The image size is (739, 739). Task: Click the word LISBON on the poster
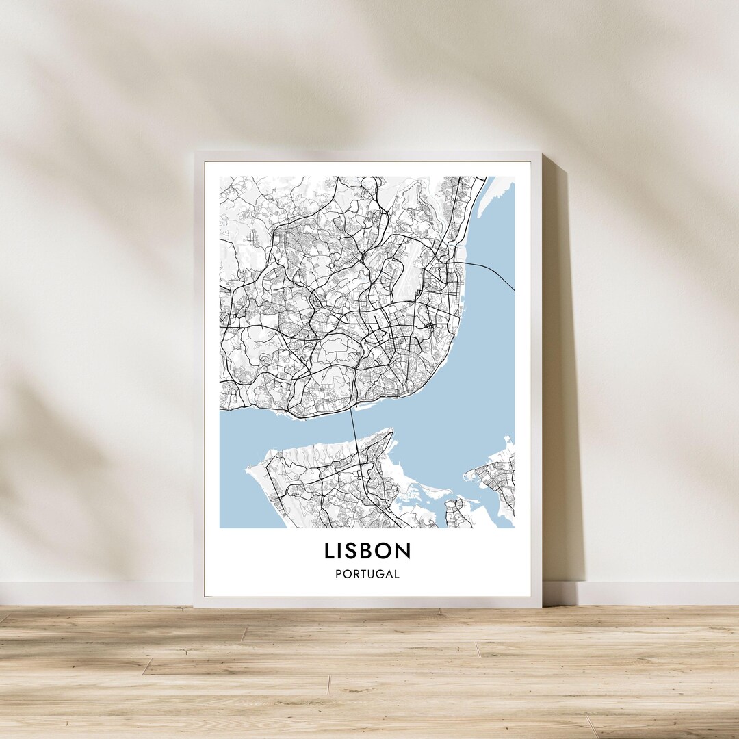click(x=367, y=551)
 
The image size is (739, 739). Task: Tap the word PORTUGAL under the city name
click(x=367, y=575)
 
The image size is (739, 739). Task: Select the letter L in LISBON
click(x=330, y=551)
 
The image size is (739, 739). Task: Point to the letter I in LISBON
click(x=343, y=551)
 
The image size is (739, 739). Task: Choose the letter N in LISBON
click(x=404, y=551)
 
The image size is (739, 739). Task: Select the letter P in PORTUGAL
click(x=339, y=575)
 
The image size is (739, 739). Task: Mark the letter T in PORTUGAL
click(x=363, y=575)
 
